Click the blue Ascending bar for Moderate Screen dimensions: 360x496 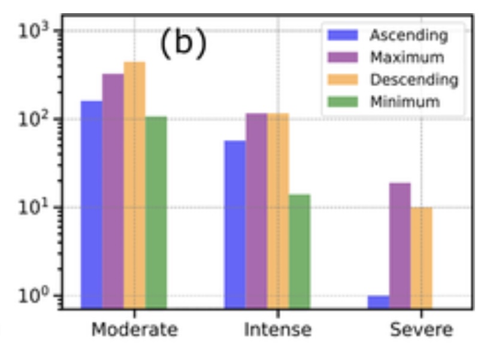point(92,204)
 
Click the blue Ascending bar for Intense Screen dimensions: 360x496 point(235,224)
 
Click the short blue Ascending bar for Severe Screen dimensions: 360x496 point(379,302)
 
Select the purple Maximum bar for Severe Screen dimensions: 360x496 point(400,246)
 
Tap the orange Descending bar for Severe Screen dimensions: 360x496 point(422,258)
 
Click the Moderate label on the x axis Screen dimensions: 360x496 point(135,329)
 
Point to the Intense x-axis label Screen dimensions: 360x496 point(278,329)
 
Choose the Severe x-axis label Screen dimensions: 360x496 point(422,329)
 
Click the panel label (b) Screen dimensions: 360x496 point(183,46)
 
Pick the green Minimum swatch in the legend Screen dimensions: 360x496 point(342,101)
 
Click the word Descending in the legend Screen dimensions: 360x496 point(414,80)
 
